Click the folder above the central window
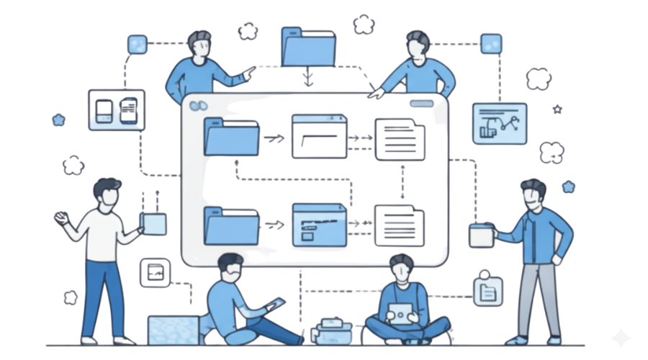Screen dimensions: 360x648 tap(308, 47)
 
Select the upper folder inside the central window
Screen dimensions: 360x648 tap(232, 137)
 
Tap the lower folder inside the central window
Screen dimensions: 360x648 tap(232, 225)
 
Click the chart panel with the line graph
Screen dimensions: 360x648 tap(500, 123)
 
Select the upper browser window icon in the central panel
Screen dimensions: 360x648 tap(319, 136)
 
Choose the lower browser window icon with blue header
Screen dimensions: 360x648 tap(319, 224)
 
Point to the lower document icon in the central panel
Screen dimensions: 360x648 tap(399, 225)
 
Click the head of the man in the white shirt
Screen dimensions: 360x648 tap(107, 194)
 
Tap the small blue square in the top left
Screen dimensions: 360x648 tap(137, 45)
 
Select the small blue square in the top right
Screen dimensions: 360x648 tap(491, 42)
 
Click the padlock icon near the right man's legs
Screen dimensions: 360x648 tap(487, 289)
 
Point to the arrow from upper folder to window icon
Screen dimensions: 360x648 tap(273, 137)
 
